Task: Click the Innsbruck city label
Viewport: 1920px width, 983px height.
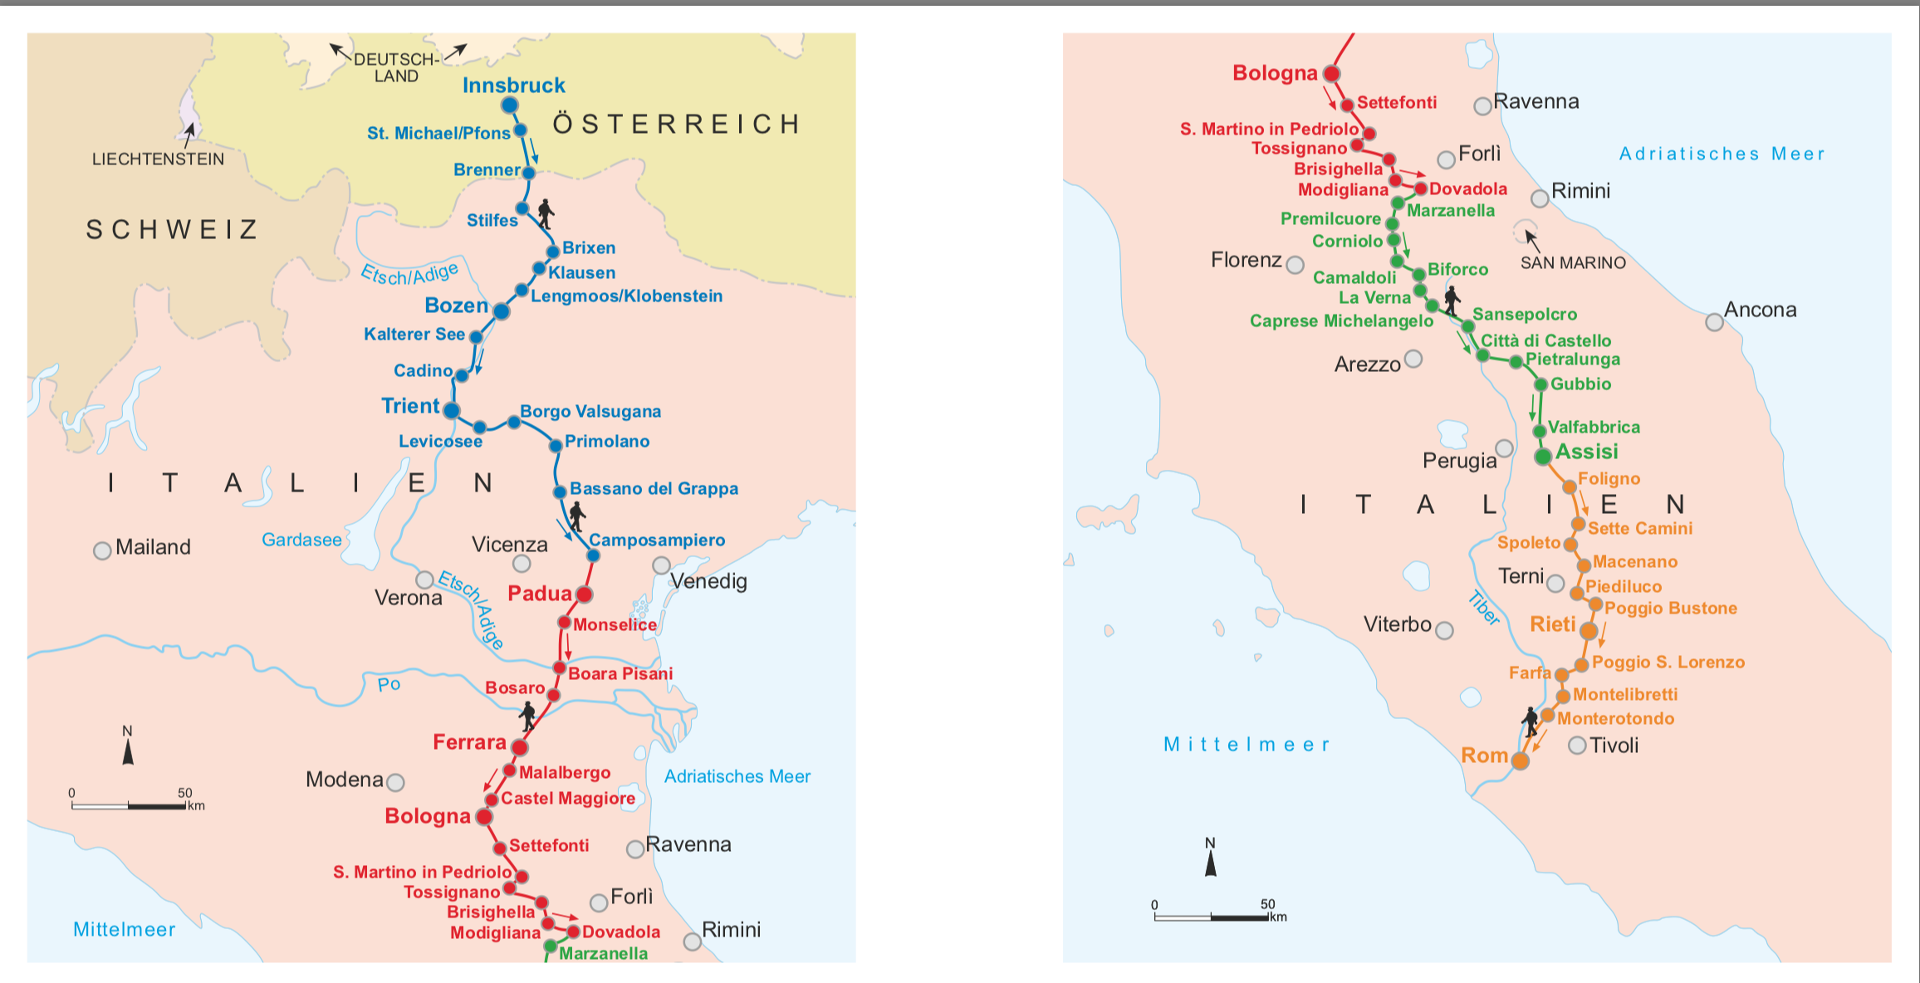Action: [513, 86]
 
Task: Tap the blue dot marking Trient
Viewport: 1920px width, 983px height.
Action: [452, 410]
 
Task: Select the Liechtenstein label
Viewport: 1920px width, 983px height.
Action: [158, 159]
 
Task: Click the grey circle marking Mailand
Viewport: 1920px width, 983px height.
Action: [102, 550]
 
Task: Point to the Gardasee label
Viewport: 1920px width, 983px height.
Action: [301, 540]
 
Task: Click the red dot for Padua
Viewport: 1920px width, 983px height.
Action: [584, 594]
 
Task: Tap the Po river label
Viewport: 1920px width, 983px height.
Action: [389, 685]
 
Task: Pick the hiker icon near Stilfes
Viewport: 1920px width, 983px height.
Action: [546, 213]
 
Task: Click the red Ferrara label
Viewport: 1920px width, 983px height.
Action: [469, 742]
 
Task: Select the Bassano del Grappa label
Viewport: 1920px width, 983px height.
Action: [654, 489]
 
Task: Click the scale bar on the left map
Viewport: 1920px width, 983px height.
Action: [129, 805]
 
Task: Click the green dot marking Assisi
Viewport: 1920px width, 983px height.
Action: [1543, 457]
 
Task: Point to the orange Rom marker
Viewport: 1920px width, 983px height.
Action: [1521, 760]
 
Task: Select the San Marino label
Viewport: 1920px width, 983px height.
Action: [1573, 263]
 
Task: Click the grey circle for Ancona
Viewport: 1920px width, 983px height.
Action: [1714, 322]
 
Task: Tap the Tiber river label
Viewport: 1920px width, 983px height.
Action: [1483, 608]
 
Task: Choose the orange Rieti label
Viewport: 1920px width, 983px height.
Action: [1552, 624]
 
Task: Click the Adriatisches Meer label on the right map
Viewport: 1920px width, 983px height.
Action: [1722, 154]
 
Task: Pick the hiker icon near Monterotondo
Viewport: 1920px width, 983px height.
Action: [1531, 721]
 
